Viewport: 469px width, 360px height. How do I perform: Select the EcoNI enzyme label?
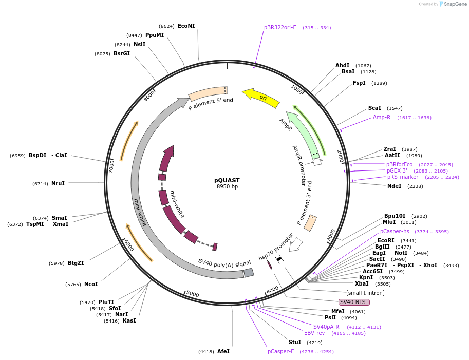click(186, 26)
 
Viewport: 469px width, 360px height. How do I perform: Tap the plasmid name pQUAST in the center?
click(227, 180)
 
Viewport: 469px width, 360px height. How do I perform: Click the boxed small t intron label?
click(365, 293)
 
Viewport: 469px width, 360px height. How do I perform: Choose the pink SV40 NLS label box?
click(354, 302)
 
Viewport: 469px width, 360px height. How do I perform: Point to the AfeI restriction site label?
click(223, 351)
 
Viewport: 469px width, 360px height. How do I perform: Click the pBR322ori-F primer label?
click(280, 27)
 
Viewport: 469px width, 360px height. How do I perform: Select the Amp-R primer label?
click(382, 117)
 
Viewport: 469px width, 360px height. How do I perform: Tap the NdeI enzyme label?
click(394, 186)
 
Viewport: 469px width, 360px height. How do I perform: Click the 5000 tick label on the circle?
click(193, 294)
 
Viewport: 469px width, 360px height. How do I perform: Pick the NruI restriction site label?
click(58, 183)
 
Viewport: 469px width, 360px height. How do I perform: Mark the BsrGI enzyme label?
click(122, 53)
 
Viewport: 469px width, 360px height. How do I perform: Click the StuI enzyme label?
click(295, 342)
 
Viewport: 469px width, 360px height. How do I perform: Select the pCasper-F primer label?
click(280, 351)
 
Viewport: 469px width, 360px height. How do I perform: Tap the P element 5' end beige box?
click(208, 93)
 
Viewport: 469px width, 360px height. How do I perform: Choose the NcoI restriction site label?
click(91, 284)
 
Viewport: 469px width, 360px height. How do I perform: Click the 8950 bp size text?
click(227, 187)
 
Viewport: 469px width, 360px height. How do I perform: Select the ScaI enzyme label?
click(374, 108)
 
